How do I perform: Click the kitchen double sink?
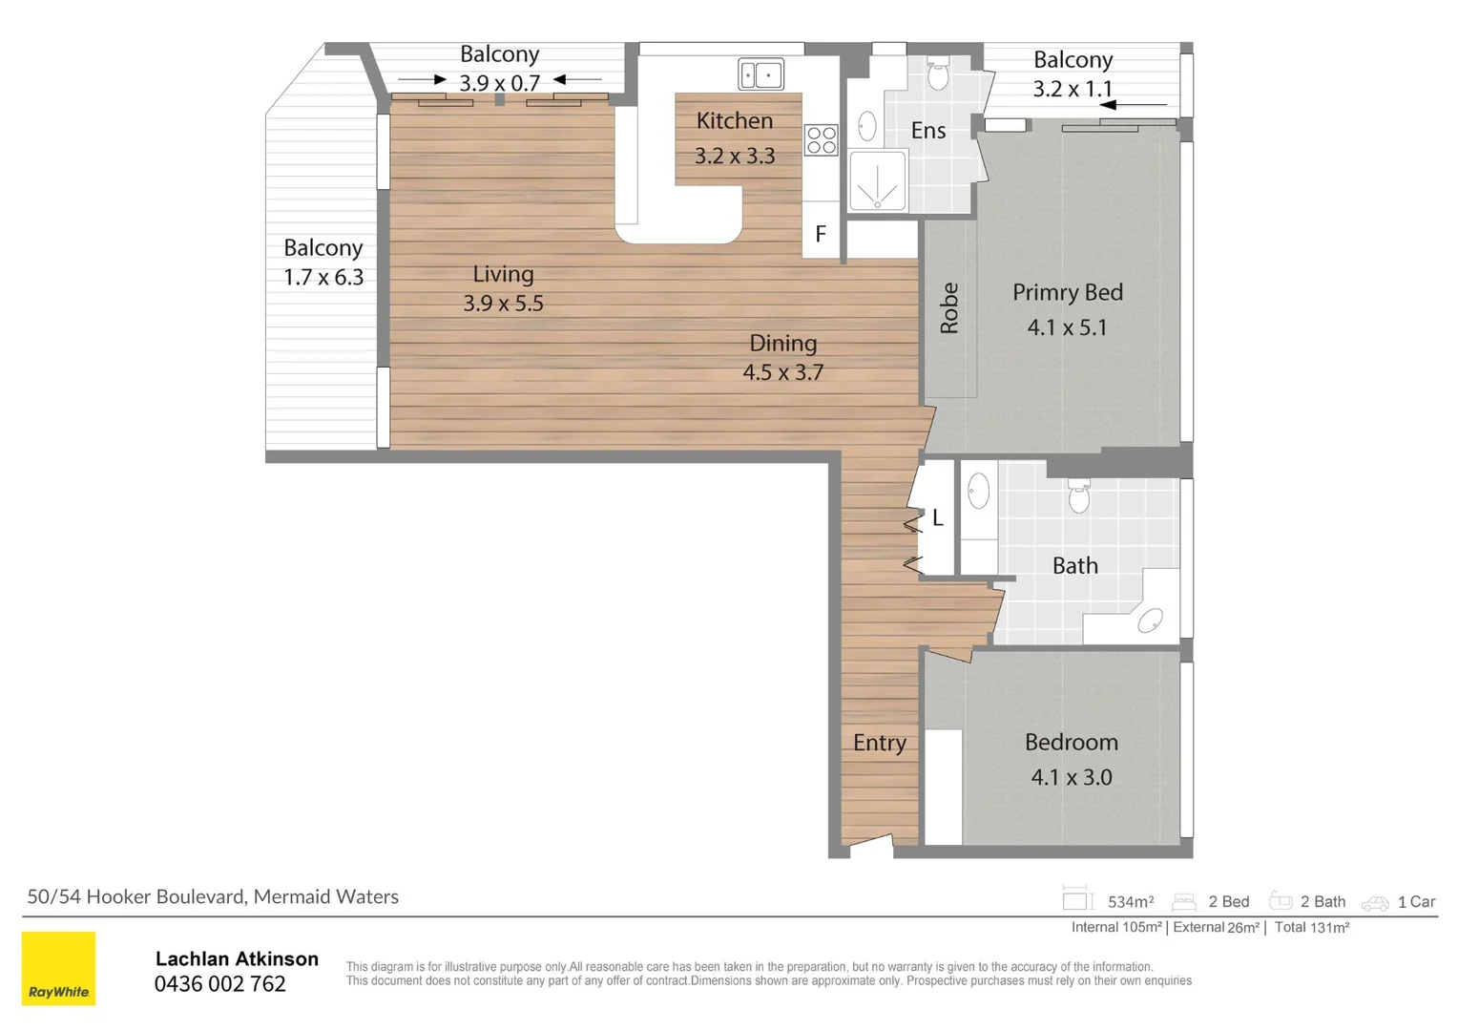760,74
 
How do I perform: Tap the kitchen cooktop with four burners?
821,140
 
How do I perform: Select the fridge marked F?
820,234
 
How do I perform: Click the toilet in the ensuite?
938,73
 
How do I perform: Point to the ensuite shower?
877,181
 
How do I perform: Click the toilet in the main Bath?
1078,495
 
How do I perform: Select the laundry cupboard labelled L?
937,517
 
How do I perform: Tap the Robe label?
948,308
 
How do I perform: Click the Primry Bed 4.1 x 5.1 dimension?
1067,327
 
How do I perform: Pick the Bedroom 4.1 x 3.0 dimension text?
1071,777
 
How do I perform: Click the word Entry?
879,743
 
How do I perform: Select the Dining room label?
782,343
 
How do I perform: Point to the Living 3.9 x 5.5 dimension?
503,304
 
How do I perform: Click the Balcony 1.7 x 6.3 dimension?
323,278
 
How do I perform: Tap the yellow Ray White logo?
59,968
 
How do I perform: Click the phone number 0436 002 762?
220,984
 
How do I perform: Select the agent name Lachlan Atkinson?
237,958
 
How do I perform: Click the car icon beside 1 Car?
1374,902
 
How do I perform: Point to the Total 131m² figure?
1311,927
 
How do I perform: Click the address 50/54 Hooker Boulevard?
136,896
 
